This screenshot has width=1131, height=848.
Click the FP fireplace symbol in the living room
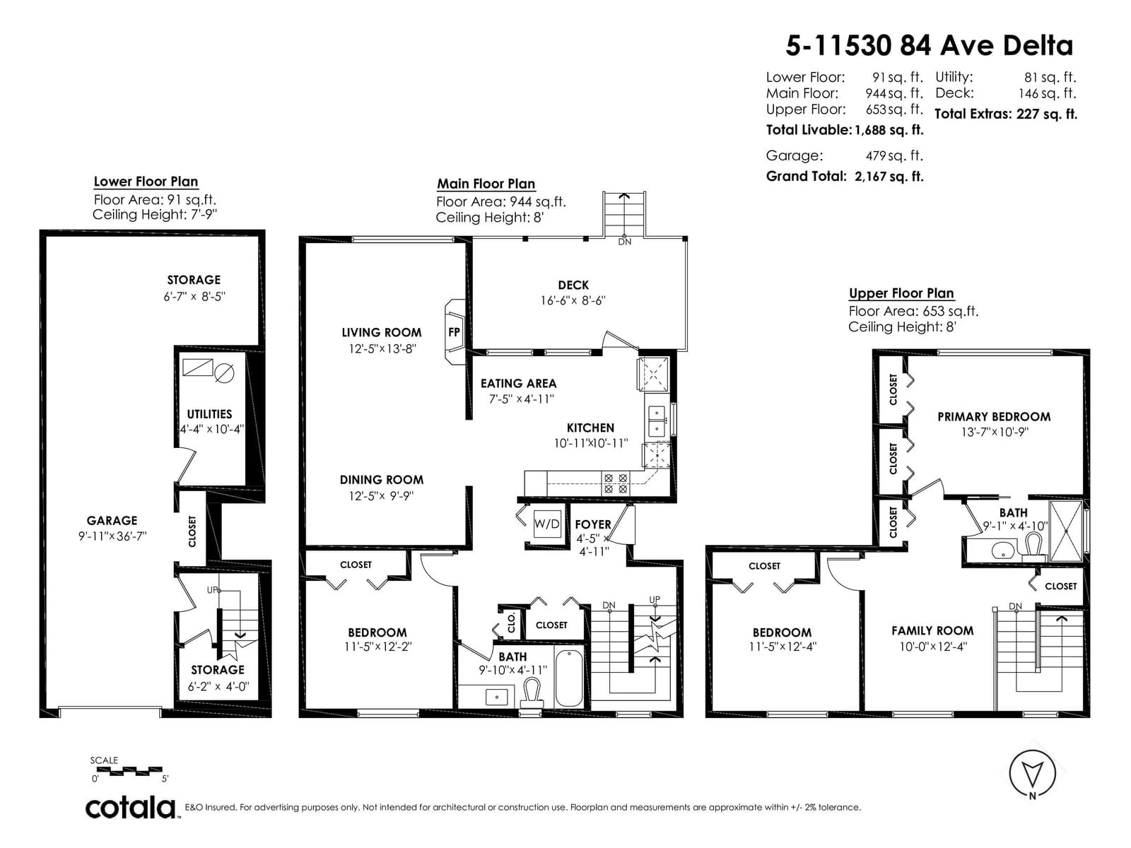click(454, 332)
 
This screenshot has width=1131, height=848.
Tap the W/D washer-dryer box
click(546, 524)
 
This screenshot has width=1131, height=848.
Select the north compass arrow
click(1032, 773)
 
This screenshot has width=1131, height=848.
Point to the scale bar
click(129, 771)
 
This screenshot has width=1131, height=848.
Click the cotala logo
click(131, 808)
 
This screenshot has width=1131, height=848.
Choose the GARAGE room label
click(112, 521)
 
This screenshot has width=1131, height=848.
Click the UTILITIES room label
click(209, 414)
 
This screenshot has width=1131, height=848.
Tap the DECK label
click(573, 285)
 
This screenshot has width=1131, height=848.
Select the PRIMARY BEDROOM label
click(994, 416)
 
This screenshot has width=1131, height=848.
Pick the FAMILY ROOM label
click(932, 631)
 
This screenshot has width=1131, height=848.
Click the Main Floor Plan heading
click(486, 184)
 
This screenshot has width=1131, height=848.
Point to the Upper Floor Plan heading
click(901, 293)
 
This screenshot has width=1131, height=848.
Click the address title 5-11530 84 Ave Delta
click(929, 46)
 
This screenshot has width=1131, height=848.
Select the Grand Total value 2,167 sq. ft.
click(889, 177)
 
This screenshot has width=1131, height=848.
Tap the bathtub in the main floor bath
click(569, 678)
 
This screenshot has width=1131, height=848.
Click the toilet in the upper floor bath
click(1033, 548)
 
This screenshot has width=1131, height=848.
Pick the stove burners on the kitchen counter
click(615, 483)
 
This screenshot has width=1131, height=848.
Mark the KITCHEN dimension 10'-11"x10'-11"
click(591, 443)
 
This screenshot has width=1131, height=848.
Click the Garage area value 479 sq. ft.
click(894, 156)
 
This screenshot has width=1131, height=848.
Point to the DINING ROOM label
click(382, 480)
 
